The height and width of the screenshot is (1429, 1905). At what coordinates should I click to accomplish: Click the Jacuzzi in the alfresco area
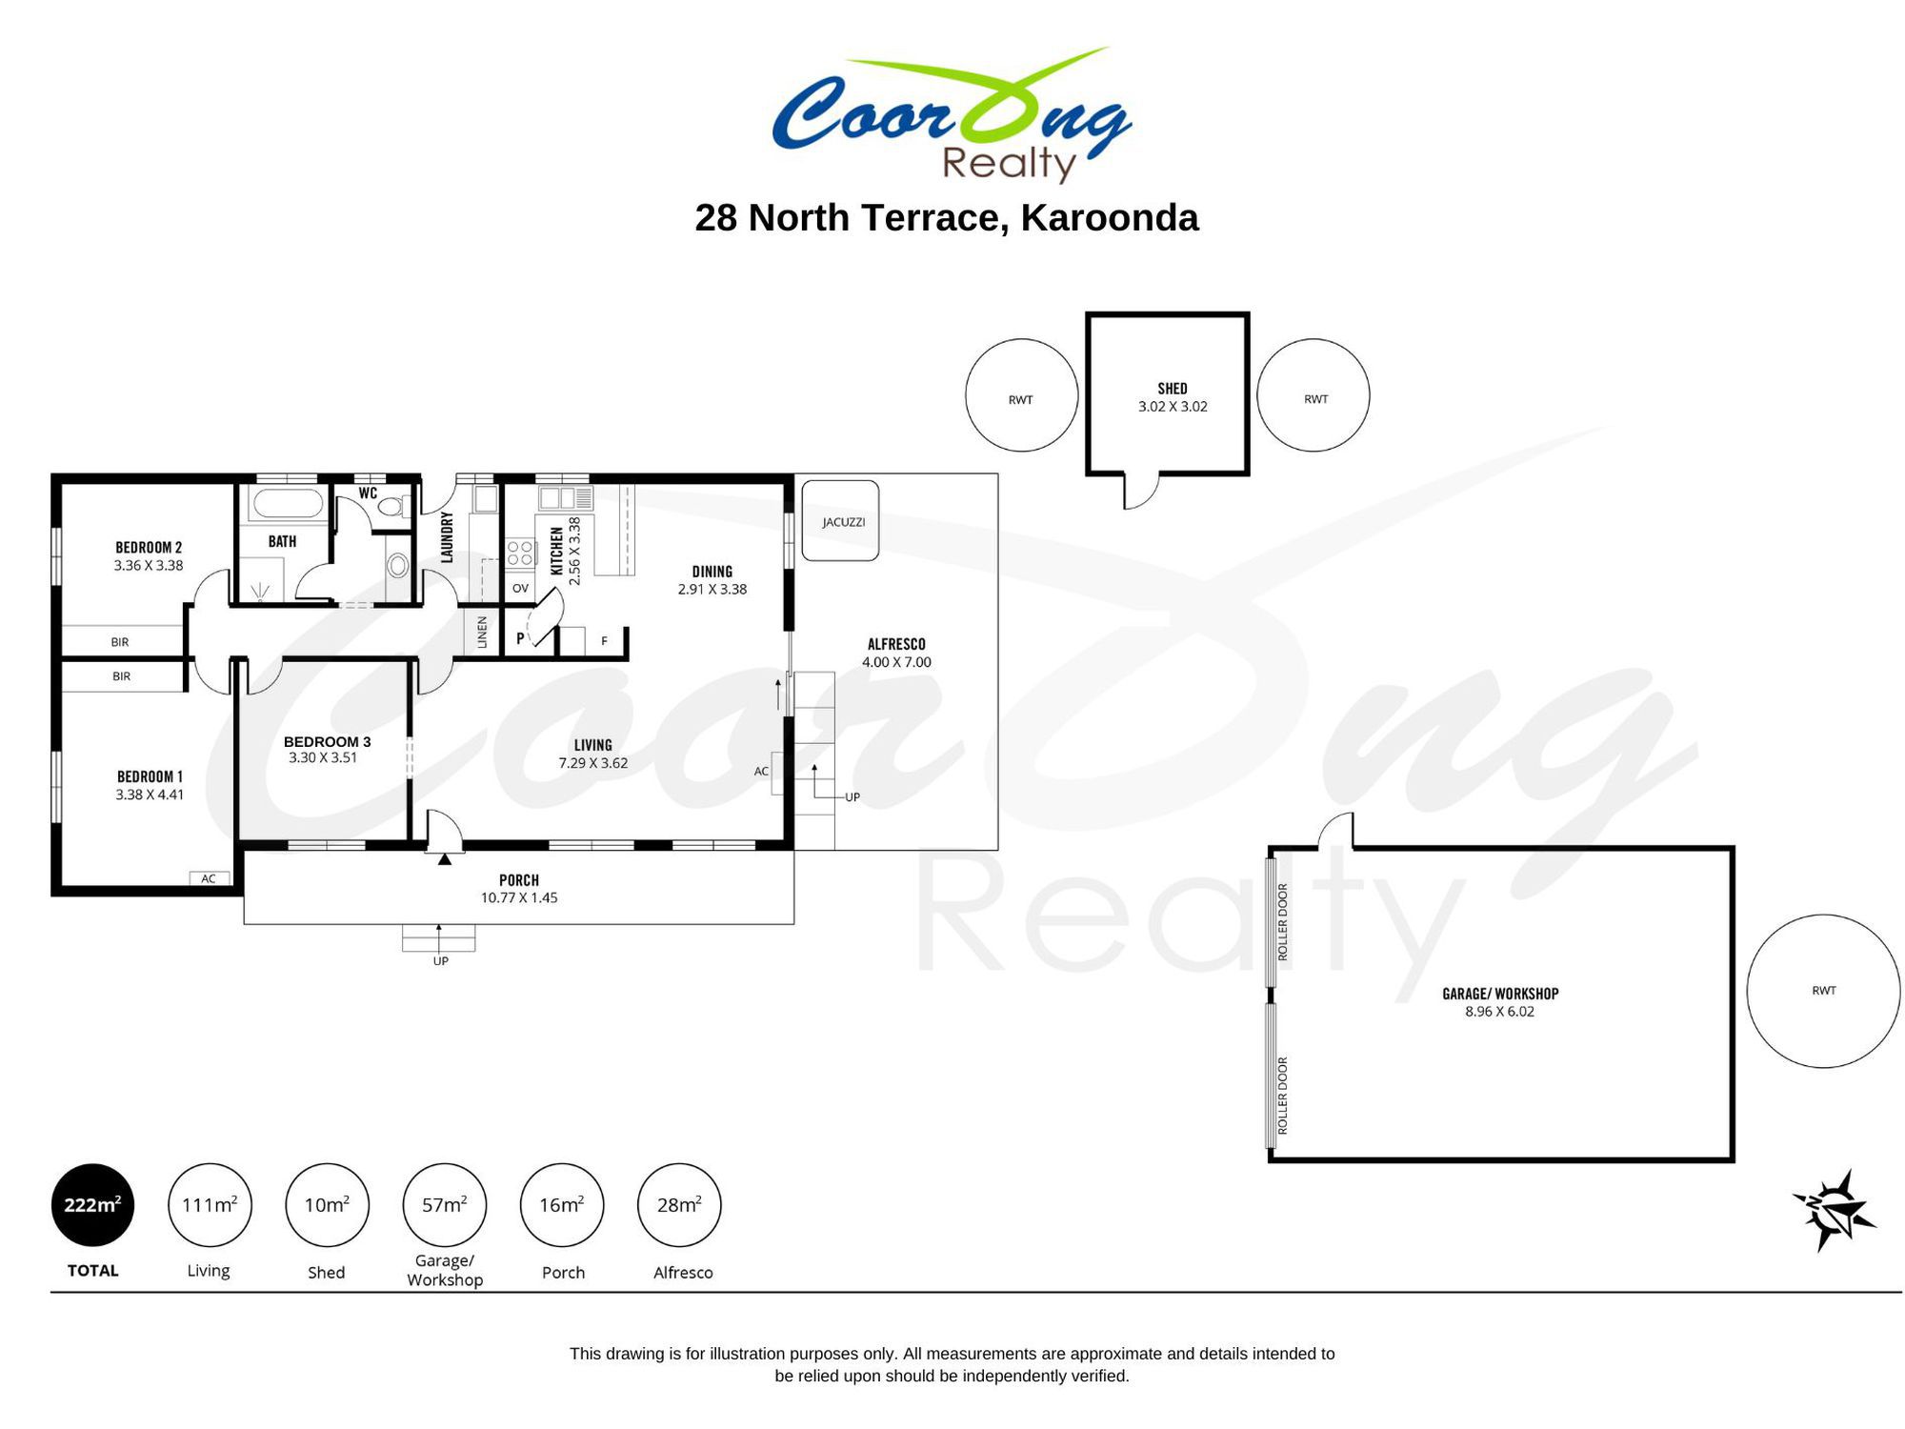pyautogui.click(x=840, y=520)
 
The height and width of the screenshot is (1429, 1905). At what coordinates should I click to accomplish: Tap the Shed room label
pyautogui.click(x=1173, y=389)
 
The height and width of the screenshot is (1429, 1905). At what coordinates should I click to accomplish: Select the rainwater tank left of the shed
pyautogui.click(x=1021, y=395)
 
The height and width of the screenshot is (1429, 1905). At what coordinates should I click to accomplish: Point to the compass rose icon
pyautogui.click(x=1833, y=1210)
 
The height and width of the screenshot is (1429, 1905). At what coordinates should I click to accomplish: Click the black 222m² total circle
pyautogui.click(x=92, y=1205)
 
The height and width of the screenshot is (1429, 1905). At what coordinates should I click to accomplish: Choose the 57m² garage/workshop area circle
pyautogui.click(x=445, y=1205)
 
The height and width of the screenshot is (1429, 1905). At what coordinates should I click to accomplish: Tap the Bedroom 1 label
pyautogui.click(x=150, y=777)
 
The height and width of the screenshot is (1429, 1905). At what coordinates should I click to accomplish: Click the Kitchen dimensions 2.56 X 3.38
pyautogui.click(x=574, y=552)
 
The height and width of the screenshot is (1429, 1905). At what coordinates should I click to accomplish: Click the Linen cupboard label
pyautogui.click(x=482, y=633)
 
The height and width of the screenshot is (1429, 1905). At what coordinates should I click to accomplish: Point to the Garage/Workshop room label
pyautogui.click(x=1500, y=994)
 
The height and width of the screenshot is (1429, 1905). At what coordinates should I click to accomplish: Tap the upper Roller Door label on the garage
pyautogui.click(x=1283, y=921)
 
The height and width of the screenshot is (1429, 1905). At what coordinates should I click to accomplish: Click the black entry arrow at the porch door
pyautogui.click(x=444, y=859)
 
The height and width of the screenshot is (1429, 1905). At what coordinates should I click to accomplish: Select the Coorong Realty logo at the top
pyautogui.click(x=952, y=114)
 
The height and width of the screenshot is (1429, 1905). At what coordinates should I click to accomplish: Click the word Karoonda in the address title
pyautogui.click(x=1110, y=218)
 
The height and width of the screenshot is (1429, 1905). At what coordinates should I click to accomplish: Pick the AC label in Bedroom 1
pyautogui.click(x=209, y=878)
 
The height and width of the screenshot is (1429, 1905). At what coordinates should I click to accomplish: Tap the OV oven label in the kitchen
pyautogui.click(x=520, y=589)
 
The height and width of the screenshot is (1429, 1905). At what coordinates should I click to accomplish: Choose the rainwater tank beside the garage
pyautogui.click(x=1823, y=991)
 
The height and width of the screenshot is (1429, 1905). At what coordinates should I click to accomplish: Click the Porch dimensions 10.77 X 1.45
pyautogui.click(x=519, y=897)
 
